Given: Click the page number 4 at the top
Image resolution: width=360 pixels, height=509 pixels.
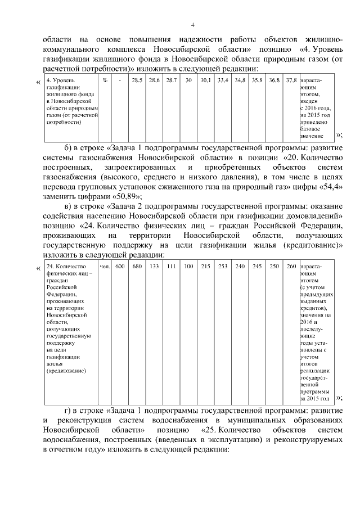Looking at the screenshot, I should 193,25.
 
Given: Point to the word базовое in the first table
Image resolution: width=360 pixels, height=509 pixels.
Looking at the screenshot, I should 311,129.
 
